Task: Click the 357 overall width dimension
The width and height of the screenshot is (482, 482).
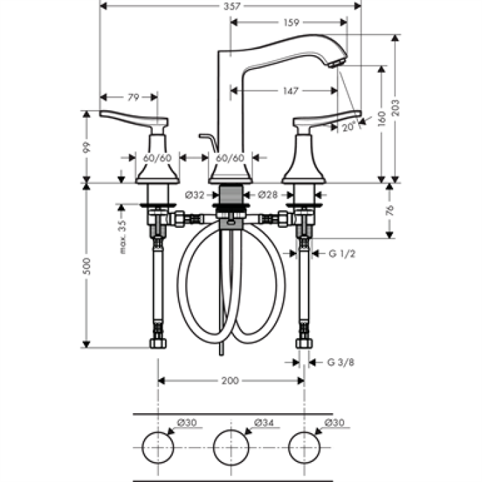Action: point(231,6)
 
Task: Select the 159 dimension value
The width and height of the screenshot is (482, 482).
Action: point(291,23)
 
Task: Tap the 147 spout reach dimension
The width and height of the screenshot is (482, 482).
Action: point(291,91)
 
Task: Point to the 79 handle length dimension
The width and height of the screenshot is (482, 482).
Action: point(134,98)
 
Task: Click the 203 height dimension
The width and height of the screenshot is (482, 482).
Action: point(396,107)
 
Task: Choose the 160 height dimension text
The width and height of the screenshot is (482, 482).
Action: point(381,118)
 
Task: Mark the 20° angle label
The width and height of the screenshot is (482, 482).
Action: point(349,126)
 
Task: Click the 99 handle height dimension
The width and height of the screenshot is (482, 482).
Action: point(87,147)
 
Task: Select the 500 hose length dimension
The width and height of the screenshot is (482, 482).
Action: point(87,266)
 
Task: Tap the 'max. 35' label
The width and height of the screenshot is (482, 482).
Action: point(123,237)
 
